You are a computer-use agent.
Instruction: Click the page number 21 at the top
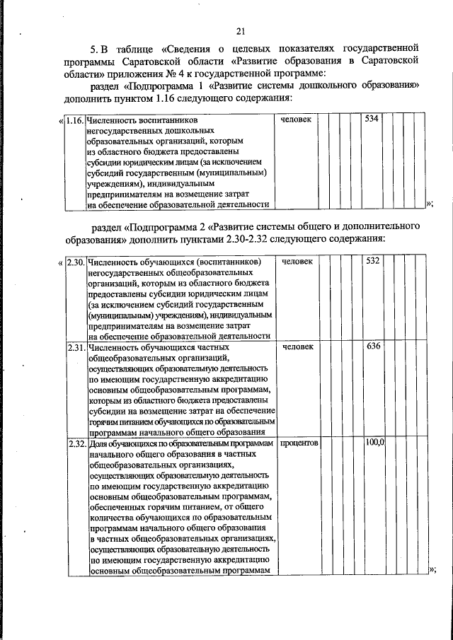(x=241, y=30)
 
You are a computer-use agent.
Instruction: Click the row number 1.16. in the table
(x=74, y=120)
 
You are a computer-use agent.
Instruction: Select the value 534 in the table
(x=371, y=119)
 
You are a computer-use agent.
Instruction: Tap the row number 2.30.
(x=75, y=262)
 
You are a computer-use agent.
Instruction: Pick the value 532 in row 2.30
(x=372, y=262)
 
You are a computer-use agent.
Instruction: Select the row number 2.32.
(x=75, y=443)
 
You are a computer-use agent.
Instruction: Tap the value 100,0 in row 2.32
(x=374, y=443)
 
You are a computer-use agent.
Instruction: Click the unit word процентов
(x=299, y=443)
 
